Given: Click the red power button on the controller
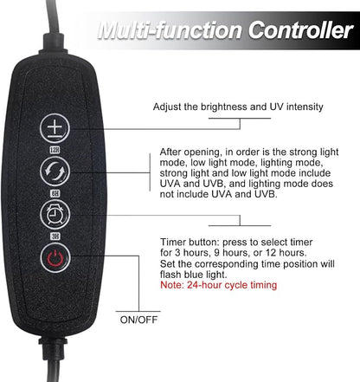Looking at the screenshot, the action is point(55,258).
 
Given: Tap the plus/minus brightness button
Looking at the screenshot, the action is point(55,128).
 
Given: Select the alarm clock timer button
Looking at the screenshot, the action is point(55,215).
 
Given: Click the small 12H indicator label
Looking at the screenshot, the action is point(55,150).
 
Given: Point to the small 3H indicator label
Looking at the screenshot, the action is point(55,236).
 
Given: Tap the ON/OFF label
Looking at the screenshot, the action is point(138,320).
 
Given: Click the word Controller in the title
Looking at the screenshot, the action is point(300,30).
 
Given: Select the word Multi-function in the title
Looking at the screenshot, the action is point(170,30).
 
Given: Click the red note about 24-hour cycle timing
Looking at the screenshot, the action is point(218,285).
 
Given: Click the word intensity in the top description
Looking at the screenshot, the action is point(305,107).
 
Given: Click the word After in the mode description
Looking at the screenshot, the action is point(170,152).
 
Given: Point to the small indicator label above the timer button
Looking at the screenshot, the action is point(55,193).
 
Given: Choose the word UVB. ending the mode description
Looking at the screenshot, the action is point(266,194).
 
